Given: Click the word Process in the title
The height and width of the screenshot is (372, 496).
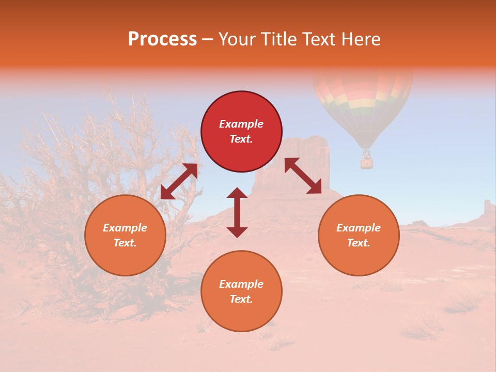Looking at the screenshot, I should coord(162,39).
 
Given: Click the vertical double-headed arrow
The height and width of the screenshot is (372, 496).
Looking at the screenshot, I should coord(237,212).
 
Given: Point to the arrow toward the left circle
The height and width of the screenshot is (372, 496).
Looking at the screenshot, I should coord(179,181).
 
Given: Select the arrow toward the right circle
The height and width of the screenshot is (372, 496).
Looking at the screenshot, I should coord(303,176).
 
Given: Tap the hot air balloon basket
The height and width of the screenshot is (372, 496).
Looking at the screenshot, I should coord(366,163).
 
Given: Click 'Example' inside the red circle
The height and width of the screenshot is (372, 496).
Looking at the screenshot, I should coord(241,124).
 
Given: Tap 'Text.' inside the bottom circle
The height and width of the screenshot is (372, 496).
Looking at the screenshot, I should coord(241,300).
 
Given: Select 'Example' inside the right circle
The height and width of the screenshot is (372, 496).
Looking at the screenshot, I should coord(359,228).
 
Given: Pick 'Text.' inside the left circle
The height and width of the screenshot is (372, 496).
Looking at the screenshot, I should coord(125,243).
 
